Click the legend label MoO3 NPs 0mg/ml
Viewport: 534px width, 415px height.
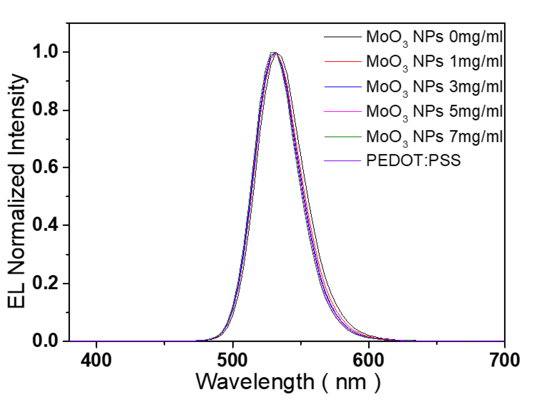(x=434, y=37)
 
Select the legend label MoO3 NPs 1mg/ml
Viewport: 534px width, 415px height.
(x=434, y=62)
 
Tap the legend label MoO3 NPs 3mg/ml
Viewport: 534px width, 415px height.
(x=434, y=87)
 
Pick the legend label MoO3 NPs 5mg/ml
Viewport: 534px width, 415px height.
(x=434, y=112)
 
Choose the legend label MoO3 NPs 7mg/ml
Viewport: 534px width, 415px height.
(x=434, y=137)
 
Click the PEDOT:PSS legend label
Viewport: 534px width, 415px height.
(x=413, y=161)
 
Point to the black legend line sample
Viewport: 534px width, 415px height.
(x=343, y=37)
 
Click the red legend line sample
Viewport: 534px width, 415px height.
(x=343, y=62)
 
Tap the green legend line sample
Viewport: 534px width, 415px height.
(x=343, y=137)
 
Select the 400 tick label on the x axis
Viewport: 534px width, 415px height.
(x=96, y=360)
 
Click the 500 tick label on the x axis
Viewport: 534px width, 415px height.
(x=232, y=360)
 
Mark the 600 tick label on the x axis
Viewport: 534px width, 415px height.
(x=369, y=360)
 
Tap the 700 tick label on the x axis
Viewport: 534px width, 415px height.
(x=504, y=360)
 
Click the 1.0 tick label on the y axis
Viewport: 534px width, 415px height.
(x=45, y=52)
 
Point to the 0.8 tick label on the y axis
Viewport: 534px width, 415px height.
(x=45, y=110)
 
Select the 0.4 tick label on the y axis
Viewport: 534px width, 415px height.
(x=45, y=225)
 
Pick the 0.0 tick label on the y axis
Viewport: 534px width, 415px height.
(x=45, y=341)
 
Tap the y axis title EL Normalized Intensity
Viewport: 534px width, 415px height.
(x=17, y=191)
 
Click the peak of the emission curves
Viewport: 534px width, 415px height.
(x=275, y=53)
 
